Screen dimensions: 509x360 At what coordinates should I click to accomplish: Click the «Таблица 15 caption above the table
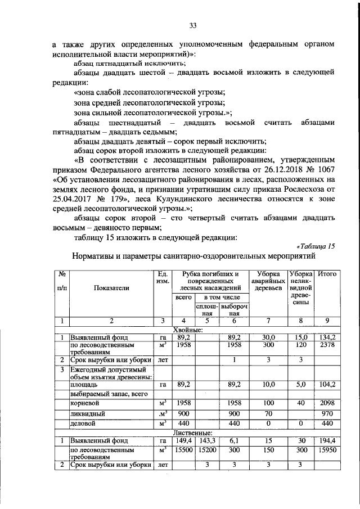315,246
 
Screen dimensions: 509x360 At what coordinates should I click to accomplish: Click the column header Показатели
112,287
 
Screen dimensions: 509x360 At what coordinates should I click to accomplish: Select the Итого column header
327,274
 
